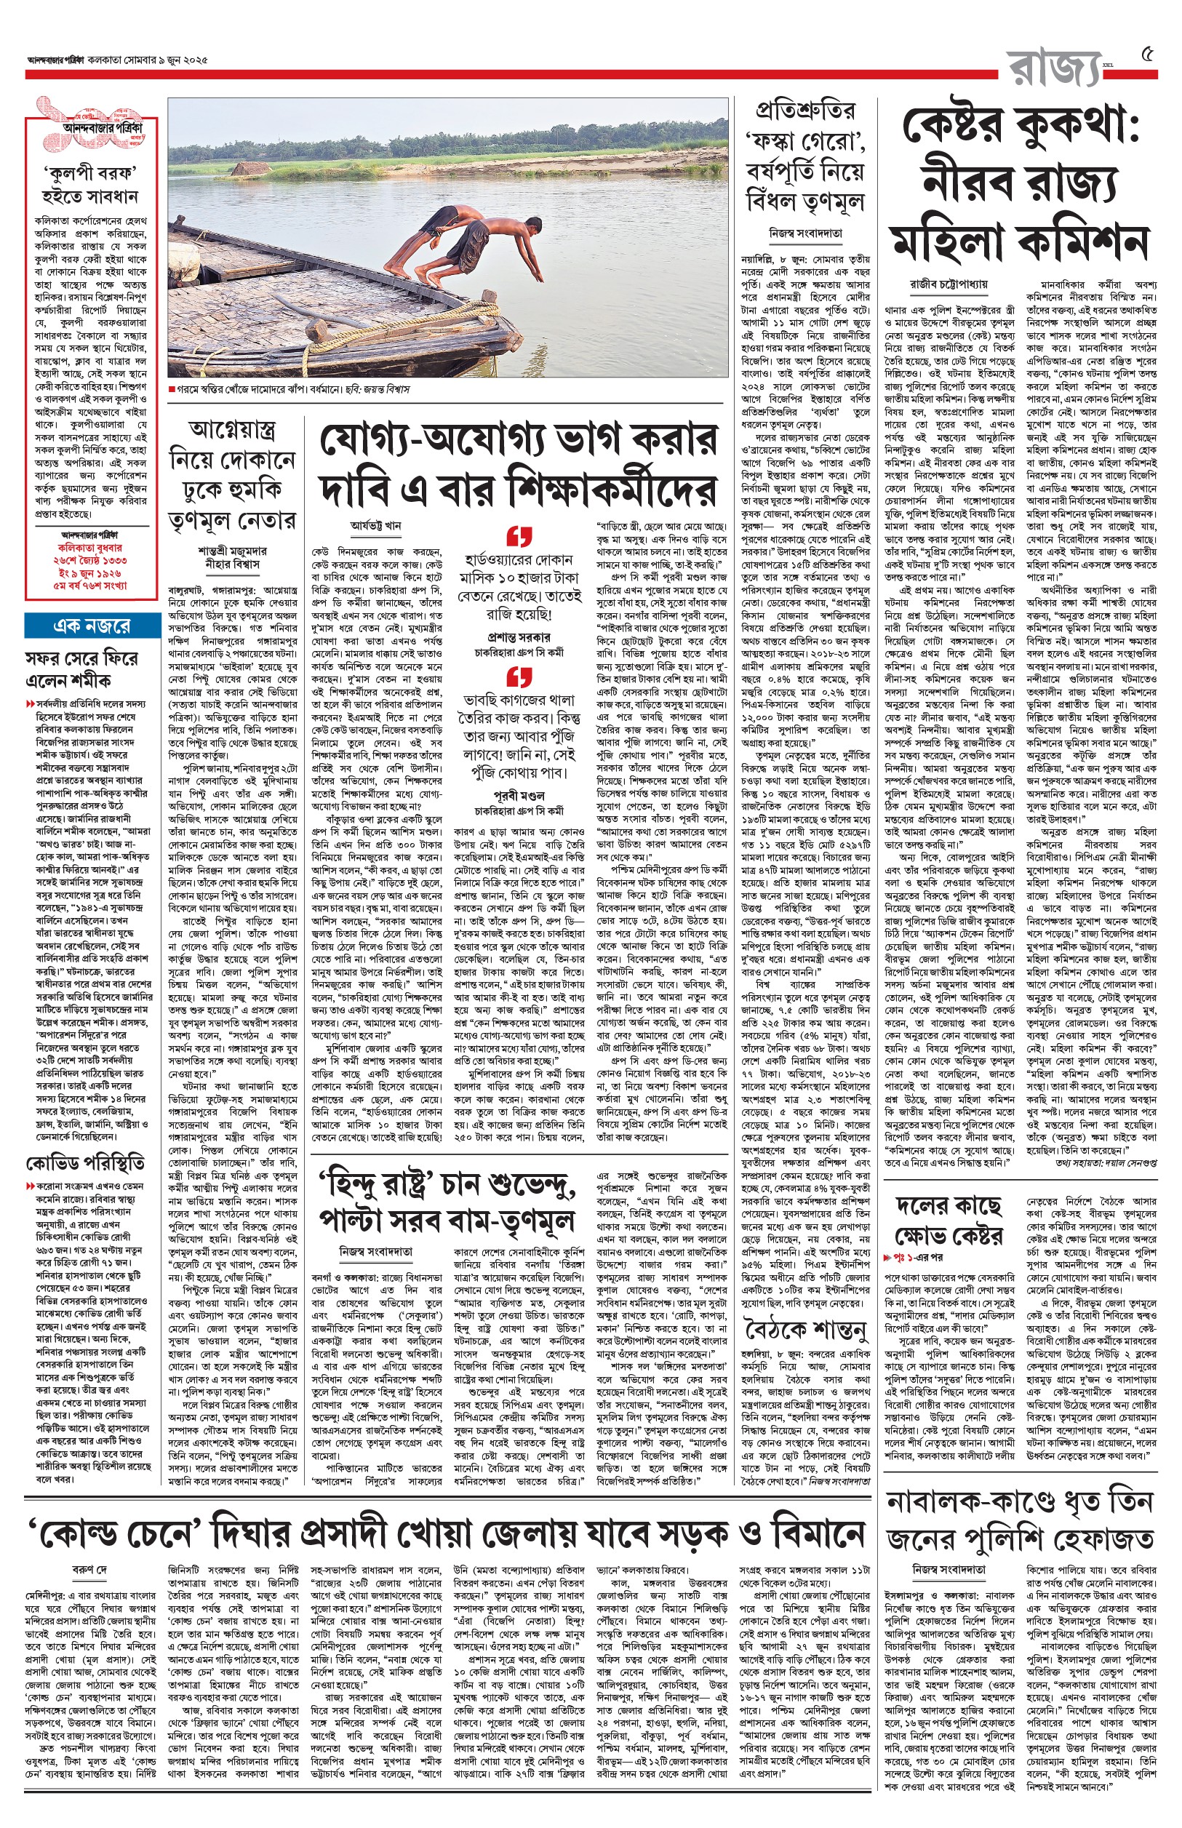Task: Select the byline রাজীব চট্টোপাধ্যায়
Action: [949, 284]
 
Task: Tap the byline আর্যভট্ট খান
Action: [376, 527]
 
